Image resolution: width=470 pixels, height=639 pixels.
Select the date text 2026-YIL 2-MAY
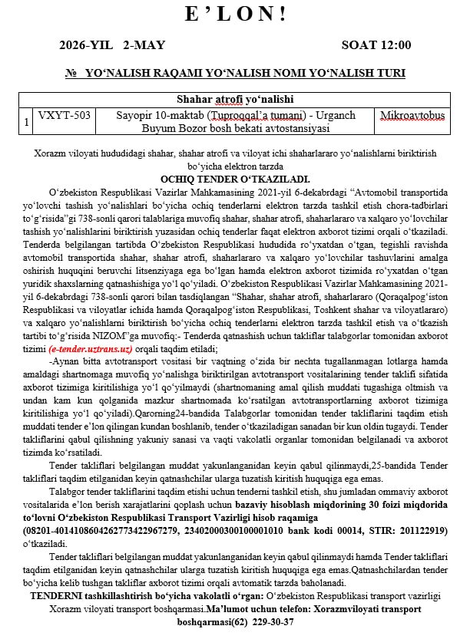112,45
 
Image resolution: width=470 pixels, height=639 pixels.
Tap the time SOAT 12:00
376,45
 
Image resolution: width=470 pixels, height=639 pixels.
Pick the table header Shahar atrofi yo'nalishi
234,100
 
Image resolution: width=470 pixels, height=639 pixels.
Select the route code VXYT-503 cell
65,115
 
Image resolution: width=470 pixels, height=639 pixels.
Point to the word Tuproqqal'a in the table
227,115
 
